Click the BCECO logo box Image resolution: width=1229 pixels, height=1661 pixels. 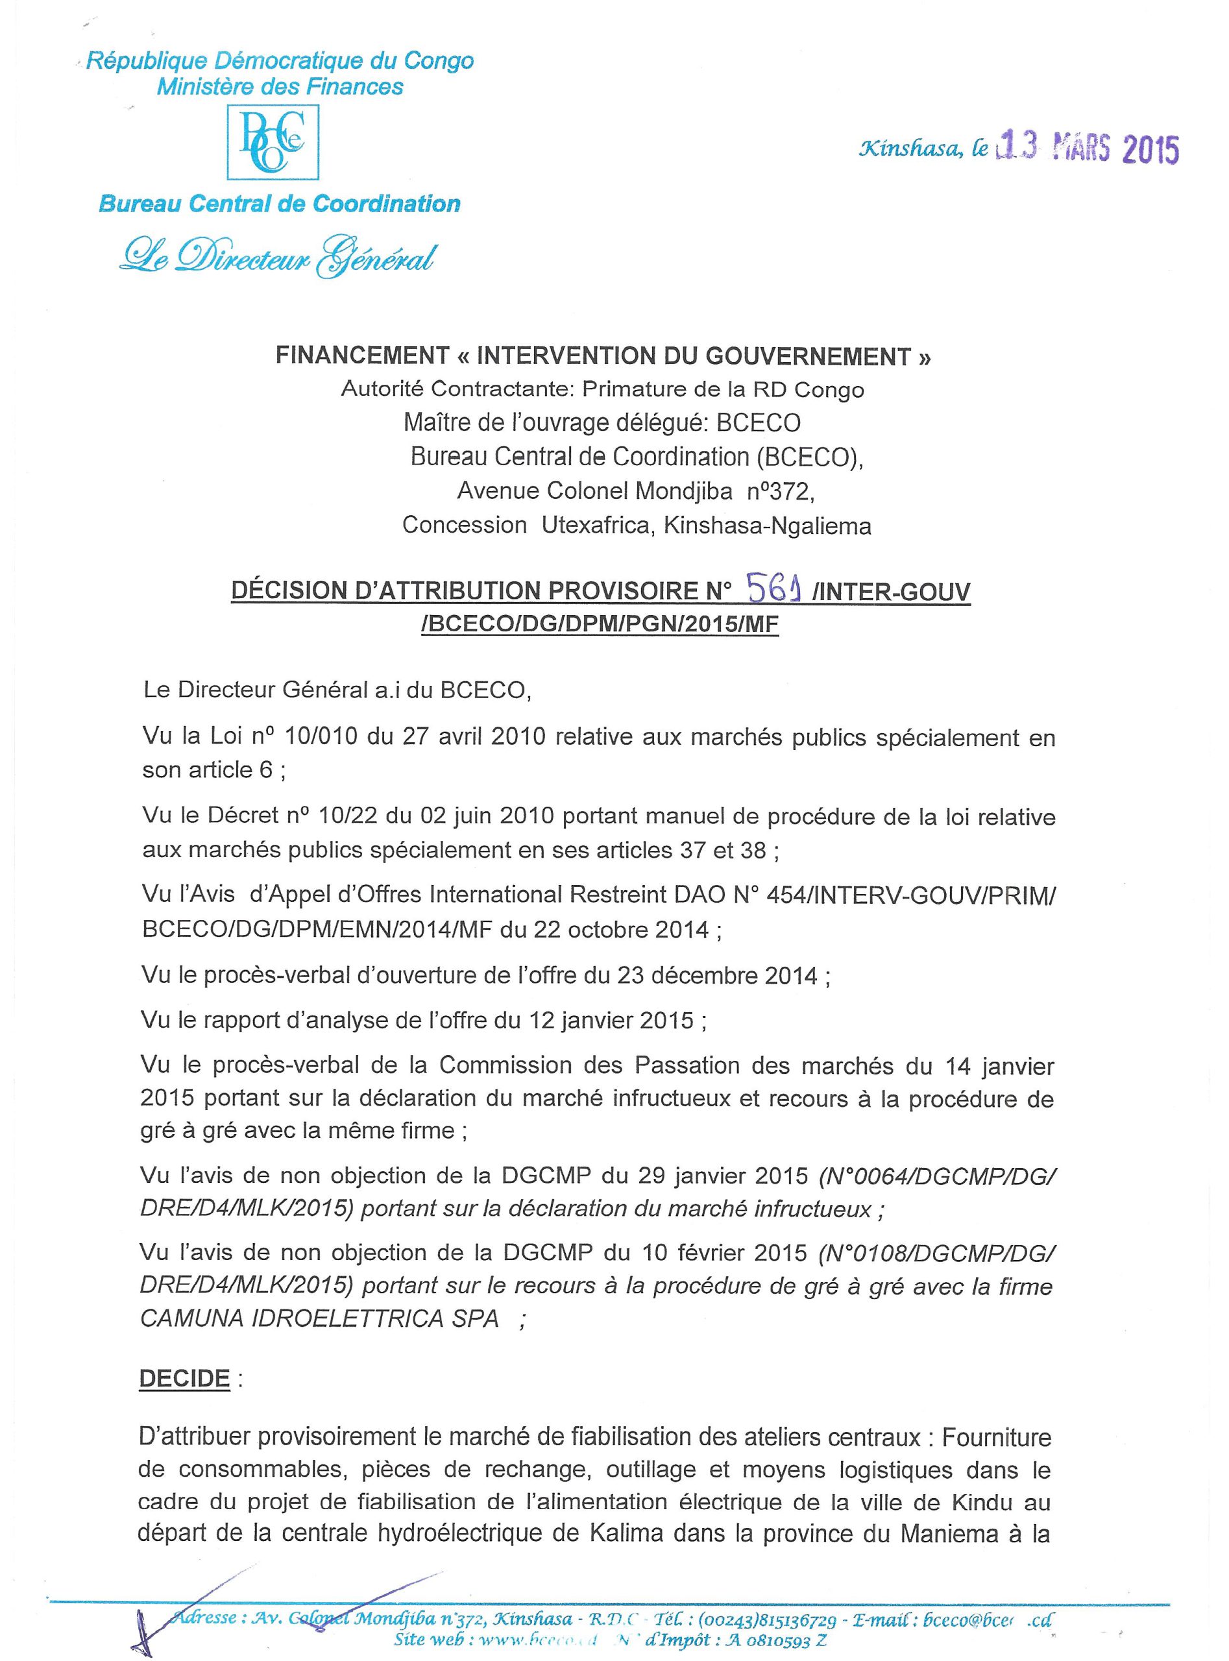[273, 142]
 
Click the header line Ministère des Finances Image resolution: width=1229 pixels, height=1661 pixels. [280, 87]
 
